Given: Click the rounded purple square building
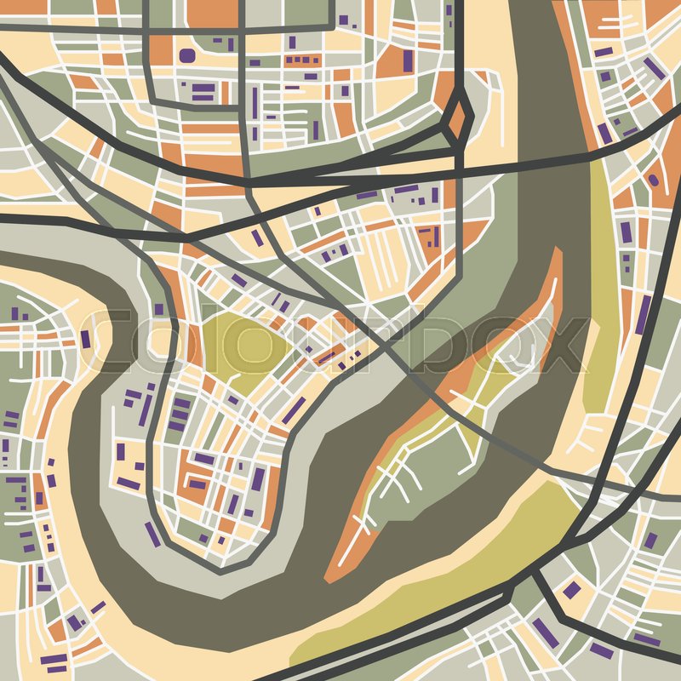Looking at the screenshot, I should click(186, 55).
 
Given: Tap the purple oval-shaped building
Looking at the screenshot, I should click(653, 180).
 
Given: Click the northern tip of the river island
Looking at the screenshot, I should click(558, 255).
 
